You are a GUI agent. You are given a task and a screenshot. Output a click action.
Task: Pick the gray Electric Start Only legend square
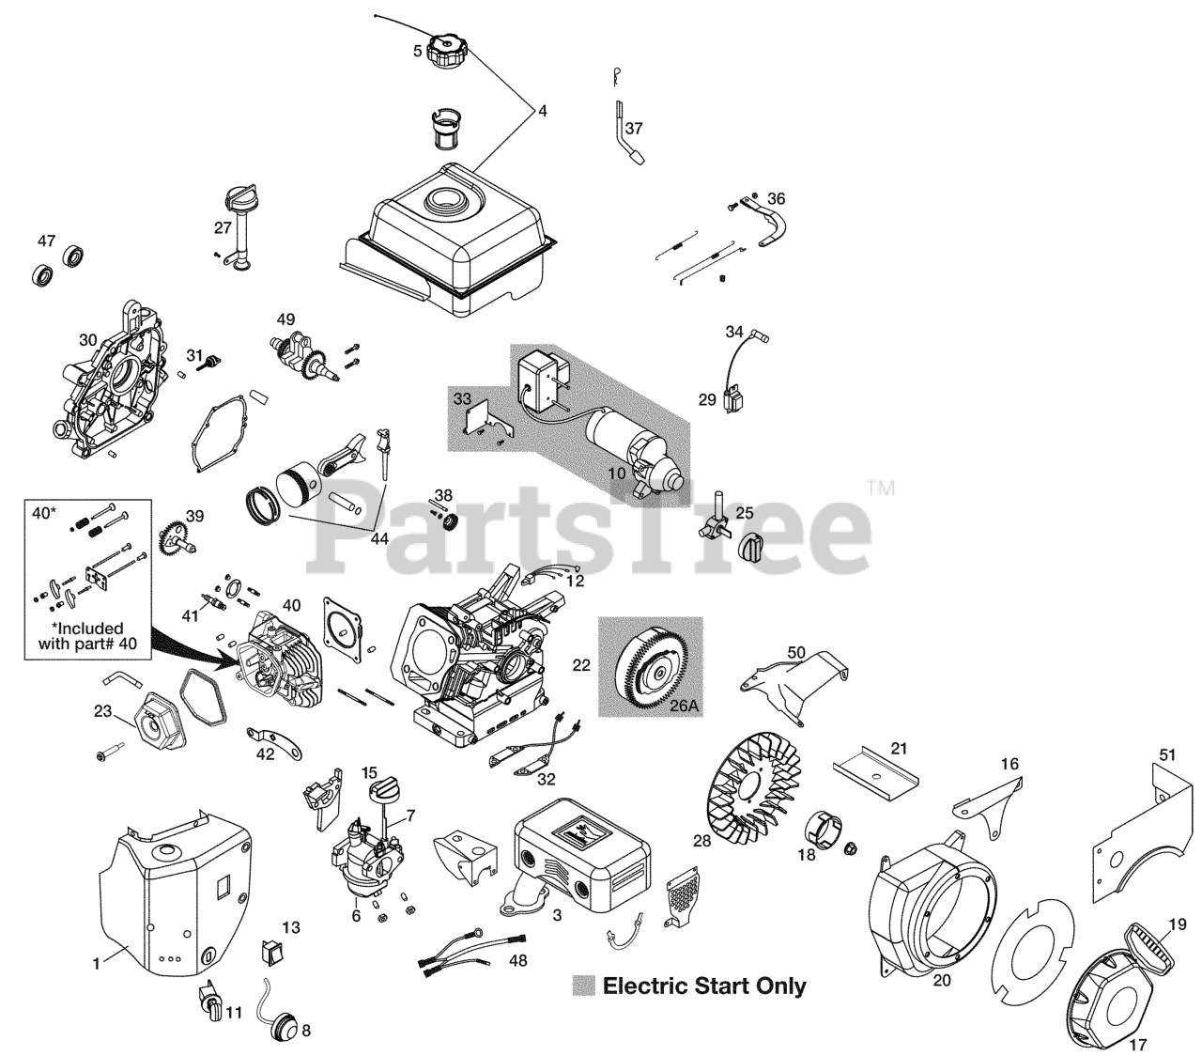click(x=585, y=986)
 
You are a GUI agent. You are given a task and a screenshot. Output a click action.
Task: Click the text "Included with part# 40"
click(x=79, y=636)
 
